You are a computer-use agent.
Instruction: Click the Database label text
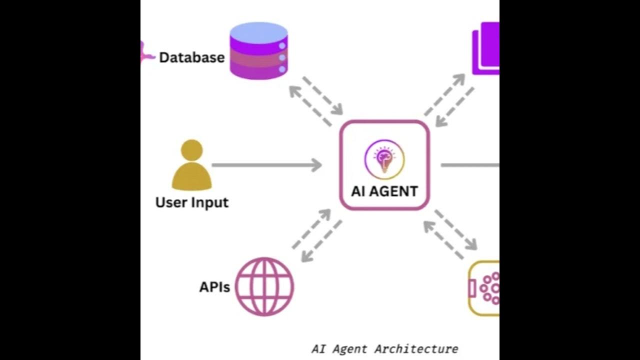tap(191, 57)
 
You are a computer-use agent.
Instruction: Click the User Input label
tap(191, 202)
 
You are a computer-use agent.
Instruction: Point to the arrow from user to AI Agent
tap(267, 165)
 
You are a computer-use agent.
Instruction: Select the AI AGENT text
tap(384, 191)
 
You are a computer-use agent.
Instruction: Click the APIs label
tap(214, 287)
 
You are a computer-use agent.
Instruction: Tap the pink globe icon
tap(264, 286)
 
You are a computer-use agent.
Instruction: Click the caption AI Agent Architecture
tap(384, 348)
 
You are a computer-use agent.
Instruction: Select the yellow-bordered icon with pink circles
tap(484, 288)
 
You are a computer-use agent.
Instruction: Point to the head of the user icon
tap(191, 149)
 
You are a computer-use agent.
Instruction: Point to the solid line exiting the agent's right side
tap(469, 165)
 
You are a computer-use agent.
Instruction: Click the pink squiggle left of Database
tap(147, 54)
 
